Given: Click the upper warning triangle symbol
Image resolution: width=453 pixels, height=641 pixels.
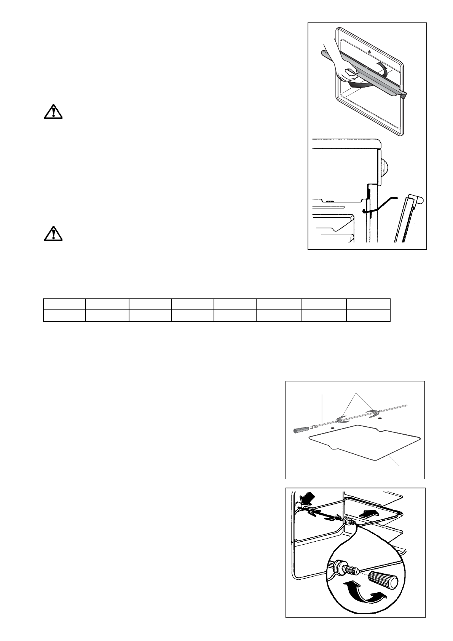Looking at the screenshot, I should click(53, 111).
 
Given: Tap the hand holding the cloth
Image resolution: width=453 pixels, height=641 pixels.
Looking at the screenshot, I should click(345, 69).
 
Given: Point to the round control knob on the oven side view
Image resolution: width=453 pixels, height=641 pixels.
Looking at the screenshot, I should click(384, 168).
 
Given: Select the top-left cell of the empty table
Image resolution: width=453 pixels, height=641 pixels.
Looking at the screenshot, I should click(64, 304).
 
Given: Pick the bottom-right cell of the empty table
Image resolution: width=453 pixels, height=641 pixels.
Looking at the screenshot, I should click(368, 316).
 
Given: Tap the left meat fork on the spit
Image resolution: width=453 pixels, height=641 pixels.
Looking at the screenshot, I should click(343, 420).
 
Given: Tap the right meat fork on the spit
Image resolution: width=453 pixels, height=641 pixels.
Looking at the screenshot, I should click(373, 412).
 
